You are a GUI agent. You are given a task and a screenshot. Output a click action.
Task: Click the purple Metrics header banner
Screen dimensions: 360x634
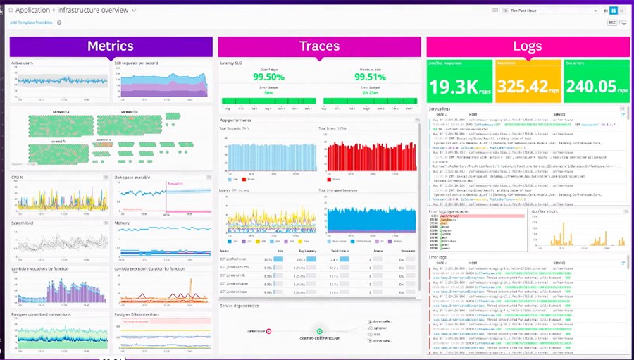(111, 46)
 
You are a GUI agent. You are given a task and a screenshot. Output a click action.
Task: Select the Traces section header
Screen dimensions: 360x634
(319, 46)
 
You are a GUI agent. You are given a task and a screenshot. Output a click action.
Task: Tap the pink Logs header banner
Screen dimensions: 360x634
(528, 46)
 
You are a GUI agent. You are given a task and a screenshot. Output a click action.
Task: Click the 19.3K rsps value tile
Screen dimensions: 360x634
(459, 86)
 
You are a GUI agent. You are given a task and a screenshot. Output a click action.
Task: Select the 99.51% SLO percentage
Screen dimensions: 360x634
(369, 77)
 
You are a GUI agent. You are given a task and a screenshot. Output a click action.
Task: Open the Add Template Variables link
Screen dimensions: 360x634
(32, 23)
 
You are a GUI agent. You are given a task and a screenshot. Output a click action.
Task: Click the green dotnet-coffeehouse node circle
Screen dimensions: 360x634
(319, 330)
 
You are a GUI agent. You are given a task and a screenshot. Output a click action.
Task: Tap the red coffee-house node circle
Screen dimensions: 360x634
(271, 330)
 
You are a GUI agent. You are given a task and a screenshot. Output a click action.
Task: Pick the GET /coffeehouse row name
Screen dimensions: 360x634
(236, 259)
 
